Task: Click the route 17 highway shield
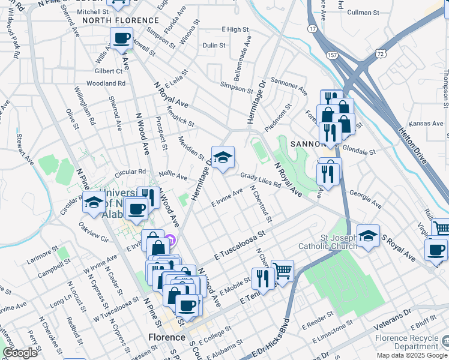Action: pos(312,28)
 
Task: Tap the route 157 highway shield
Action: pos(332,55)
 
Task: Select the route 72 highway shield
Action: pos(381,54)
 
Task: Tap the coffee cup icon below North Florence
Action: pos(122,39)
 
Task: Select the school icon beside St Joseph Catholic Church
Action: pos(368,236)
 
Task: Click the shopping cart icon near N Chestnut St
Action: pos(282,271)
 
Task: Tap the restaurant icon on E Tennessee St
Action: pos(263,278)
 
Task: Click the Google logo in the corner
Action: pos(20,352)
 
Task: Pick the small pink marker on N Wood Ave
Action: pos(170,241)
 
